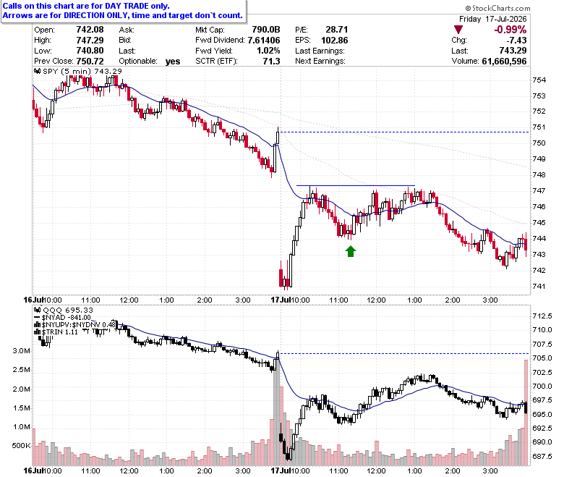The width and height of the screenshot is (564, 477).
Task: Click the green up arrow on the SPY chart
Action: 351,251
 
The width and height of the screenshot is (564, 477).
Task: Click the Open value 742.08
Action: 90,30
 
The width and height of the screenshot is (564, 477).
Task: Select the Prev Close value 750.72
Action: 90,62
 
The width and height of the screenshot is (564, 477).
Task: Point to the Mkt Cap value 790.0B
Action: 266,30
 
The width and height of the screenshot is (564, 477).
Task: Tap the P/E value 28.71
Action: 337,30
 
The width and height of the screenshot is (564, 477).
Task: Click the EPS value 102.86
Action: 335,41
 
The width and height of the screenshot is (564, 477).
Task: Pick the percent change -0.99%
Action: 510,30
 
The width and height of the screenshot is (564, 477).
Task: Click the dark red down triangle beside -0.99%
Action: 458,30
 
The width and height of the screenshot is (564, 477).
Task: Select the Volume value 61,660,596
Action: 504,62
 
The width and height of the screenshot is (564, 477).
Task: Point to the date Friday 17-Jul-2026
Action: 493,19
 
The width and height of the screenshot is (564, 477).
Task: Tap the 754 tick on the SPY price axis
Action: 539,80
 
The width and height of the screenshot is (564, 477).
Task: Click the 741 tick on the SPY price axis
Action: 539,287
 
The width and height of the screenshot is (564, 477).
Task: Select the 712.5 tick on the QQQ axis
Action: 542,316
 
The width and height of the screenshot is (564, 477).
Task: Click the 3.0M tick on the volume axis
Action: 21,351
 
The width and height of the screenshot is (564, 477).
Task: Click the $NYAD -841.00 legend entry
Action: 62,318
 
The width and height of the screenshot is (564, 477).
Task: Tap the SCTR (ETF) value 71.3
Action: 272,62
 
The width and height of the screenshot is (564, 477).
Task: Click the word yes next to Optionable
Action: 173,62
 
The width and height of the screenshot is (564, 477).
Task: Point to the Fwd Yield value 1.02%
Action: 268,51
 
